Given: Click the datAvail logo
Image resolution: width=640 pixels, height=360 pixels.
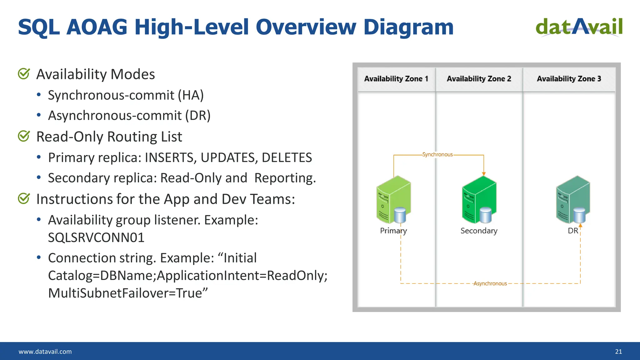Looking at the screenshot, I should [579, 27].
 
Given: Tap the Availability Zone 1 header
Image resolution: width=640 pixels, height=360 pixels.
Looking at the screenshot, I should [396, 79].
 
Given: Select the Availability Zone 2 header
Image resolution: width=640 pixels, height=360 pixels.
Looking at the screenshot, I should [479, 79].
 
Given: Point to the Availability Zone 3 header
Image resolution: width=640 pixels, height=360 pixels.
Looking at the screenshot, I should [569, 79].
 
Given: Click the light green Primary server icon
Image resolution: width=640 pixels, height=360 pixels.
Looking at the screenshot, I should [393, 200].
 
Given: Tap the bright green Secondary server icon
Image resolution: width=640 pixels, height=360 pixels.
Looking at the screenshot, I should [479, 200].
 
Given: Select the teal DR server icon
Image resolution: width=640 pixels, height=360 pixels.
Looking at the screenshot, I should [573, 200].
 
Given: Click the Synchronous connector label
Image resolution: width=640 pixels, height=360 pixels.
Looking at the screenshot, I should [437, 155].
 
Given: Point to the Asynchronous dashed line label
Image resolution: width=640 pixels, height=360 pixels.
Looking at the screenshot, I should [490, 283].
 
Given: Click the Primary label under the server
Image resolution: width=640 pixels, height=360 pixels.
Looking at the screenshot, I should [393, 231].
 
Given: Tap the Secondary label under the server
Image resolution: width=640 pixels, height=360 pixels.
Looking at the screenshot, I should [479, 231].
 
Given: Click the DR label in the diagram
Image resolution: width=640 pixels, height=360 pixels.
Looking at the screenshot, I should [573, 231].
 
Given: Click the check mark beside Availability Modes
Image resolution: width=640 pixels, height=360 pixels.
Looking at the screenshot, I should [24, 74].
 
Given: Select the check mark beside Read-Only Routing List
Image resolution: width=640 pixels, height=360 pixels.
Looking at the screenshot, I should [24, 136].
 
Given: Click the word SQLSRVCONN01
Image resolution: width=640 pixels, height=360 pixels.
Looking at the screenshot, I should [96, 238].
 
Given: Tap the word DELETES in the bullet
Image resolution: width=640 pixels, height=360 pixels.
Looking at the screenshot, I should [287, 157].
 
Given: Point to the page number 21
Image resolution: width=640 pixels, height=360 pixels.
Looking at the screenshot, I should [618, 352].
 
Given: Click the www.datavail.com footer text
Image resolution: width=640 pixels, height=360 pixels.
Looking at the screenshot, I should [45, 352].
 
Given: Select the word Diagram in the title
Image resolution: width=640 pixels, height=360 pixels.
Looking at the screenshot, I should [408, 27].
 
